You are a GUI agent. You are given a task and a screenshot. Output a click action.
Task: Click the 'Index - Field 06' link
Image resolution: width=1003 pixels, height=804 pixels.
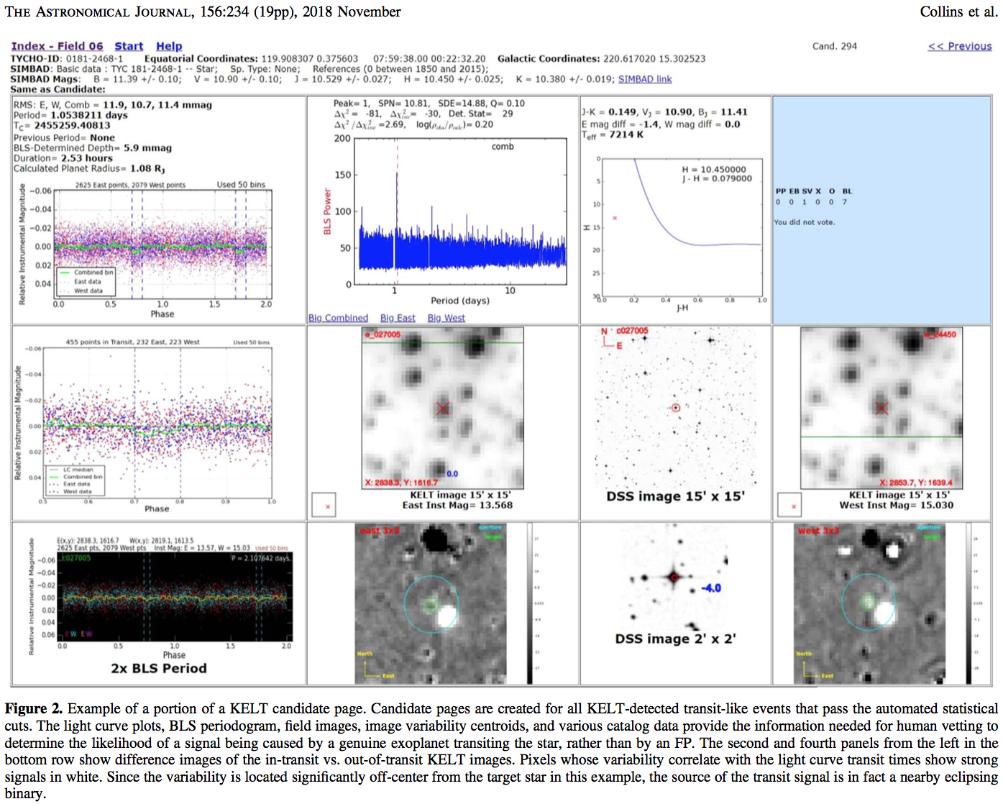point(57,46)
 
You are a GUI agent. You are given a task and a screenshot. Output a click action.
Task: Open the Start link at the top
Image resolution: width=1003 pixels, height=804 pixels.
point(129,46)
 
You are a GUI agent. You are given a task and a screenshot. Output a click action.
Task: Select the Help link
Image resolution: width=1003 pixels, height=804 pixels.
point(169,46)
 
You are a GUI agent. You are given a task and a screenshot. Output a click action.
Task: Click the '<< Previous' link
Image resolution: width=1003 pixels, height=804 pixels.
point(959,46)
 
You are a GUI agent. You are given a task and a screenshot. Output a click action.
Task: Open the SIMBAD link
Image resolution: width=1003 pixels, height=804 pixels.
point(644,79)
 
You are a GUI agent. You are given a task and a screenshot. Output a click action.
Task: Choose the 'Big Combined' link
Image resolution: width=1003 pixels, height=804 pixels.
point(338,318)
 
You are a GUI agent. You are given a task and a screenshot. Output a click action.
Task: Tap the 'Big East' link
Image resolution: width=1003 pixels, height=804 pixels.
point(398,318)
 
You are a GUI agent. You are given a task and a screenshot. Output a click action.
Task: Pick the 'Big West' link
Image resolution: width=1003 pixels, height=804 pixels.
point(446,318)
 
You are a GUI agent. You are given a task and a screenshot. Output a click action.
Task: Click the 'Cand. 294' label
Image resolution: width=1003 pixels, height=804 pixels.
point(834,46)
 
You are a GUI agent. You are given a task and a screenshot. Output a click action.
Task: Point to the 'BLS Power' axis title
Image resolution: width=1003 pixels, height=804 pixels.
point(328,211)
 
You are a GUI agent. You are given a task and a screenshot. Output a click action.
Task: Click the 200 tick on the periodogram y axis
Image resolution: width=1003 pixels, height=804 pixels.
point(342,138)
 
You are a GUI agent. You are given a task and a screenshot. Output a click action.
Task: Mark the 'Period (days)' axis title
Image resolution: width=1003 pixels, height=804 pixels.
point(459,301)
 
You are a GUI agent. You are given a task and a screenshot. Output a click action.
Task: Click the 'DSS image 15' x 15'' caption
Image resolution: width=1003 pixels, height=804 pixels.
point(675,496)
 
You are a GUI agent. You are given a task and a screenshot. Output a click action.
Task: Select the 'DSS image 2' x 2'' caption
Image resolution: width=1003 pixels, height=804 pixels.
point(675,639)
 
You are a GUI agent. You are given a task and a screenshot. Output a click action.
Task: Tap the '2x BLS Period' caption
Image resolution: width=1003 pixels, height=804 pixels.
point(159,668)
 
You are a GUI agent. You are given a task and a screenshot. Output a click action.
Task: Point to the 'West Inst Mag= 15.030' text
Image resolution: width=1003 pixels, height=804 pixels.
point(896,505)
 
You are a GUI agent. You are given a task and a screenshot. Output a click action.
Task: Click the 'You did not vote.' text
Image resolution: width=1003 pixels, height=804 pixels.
point(804,222)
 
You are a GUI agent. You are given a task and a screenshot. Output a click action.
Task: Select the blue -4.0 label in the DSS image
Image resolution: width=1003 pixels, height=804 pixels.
point(710,588)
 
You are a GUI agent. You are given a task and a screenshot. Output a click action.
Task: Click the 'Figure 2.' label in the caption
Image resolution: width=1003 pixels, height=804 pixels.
point(34,708)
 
